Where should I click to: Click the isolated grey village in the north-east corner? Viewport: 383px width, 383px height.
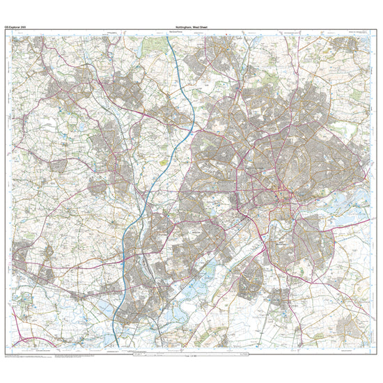[x=345, y=46]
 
